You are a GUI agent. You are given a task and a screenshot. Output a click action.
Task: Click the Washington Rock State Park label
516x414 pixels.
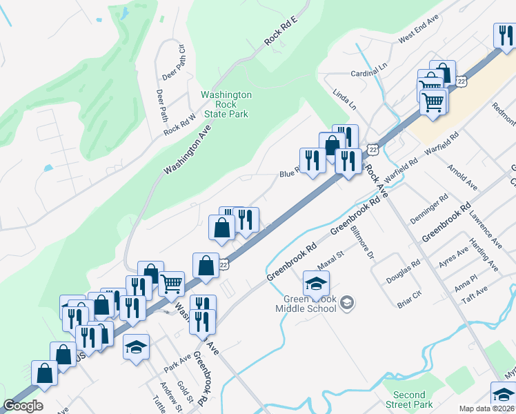[x=226, y=104]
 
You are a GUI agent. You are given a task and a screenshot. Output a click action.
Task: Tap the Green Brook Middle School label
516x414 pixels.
[x=309, y=304]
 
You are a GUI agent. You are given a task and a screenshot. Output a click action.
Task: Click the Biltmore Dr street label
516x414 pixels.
[x=361, y=242]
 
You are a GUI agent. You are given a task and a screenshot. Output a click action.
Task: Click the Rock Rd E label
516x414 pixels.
[x=281, y=32]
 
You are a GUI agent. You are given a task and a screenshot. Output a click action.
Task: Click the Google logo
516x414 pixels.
[x=23, y=406]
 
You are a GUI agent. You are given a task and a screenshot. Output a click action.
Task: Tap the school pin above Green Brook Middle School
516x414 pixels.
[x=316, y=284]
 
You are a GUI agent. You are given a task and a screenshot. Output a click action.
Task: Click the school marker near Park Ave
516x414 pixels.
[x=137, y=347]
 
